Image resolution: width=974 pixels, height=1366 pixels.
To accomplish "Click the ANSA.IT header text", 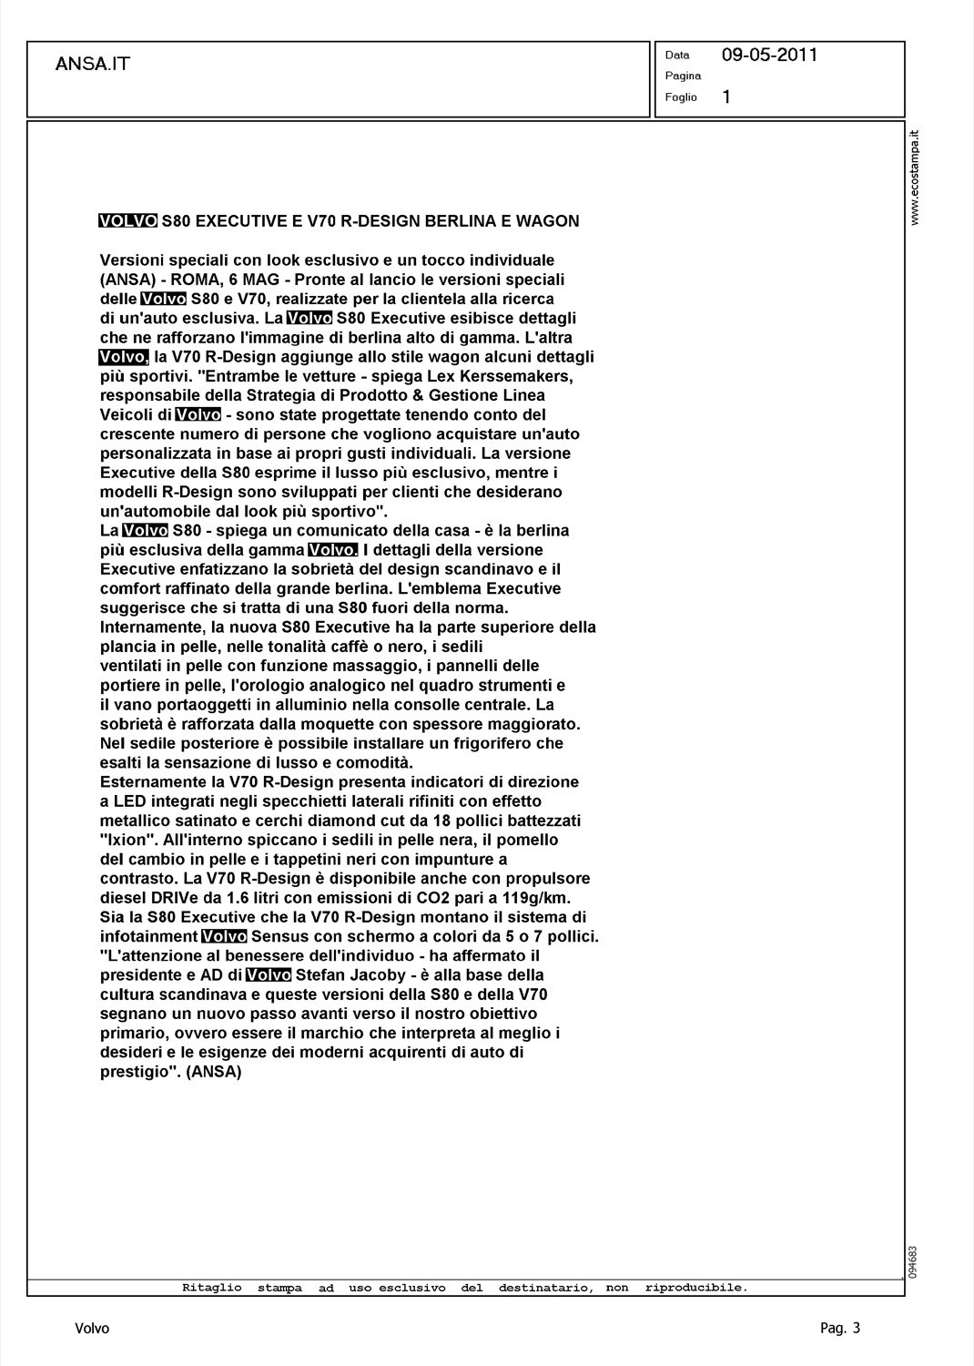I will coord(93,64).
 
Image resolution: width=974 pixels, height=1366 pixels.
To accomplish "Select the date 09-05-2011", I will coord(769,55).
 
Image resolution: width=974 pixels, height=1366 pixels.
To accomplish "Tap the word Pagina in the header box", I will coord(683,76).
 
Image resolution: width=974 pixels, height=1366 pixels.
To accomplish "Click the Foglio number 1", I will coord(725,97).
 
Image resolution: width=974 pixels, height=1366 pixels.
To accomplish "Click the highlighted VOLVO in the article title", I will coord(127,220).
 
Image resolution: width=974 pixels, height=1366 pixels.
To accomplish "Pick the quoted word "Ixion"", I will coord(124,840).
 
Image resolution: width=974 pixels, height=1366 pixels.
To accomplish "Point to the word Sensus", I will coord(279,936).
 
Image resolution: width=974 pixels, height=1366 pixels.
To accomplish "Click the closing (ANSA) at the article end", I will coord(214,1071).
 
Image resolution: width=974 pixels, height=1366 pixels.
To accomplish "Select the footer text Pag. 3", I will coord(839,1328).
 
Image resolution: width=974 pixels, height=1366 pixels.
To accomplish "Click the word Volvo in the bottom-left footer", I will coord(92,1329).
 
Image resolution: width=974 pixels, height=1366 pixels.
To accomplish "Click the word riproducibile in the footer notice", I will coord(695,1288).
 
